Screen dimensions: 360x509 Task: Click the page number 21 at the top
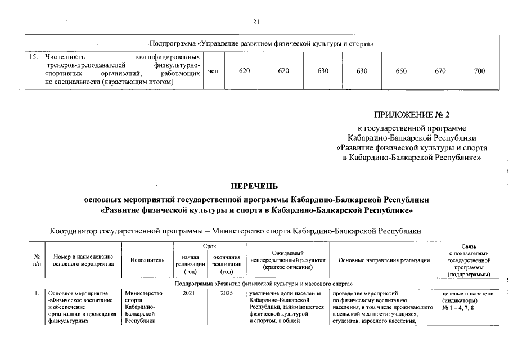tap(256, 22)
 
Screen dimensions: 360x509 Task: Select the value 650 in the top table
tap(401, 71)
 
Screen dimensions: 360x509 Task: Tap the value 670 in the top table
tap(440, 71)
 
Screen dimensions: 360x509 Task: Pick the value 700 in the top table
tap(479, 71)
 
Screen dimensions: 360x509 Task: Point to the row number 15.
tap(34, 57)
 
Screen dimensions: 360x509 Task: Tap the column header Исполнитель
tap(147, 260)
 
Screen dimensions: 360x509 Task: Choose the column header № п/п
tap(37, 260)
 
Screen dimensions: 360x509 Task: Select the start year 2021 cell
tap(190, 294)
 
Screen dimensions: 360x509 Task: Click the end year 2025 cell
tap(227, 294)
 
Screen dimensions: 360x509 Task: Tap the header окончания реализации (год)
tap(227, 264)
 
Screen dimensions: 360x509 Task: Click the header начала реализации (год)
tap(190, 264)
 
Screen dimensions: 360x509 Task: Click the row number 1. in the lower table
tap(37, 294)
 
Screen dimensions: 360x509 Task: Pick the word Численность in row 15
tap(65, 57)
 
